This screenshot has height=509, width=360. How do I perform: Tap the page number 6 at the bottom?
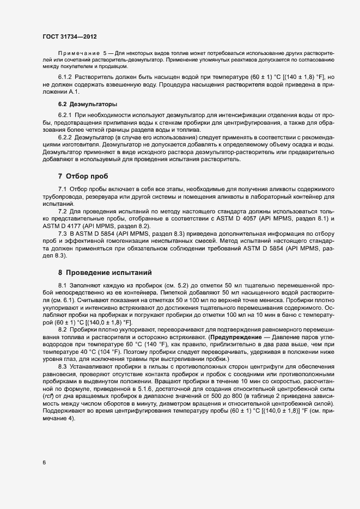[44, 463]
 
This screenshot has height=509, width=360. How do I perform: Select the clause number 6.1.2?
[65, 77]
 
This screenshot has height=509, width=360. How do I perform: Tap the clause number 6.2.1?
[65, 116]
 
